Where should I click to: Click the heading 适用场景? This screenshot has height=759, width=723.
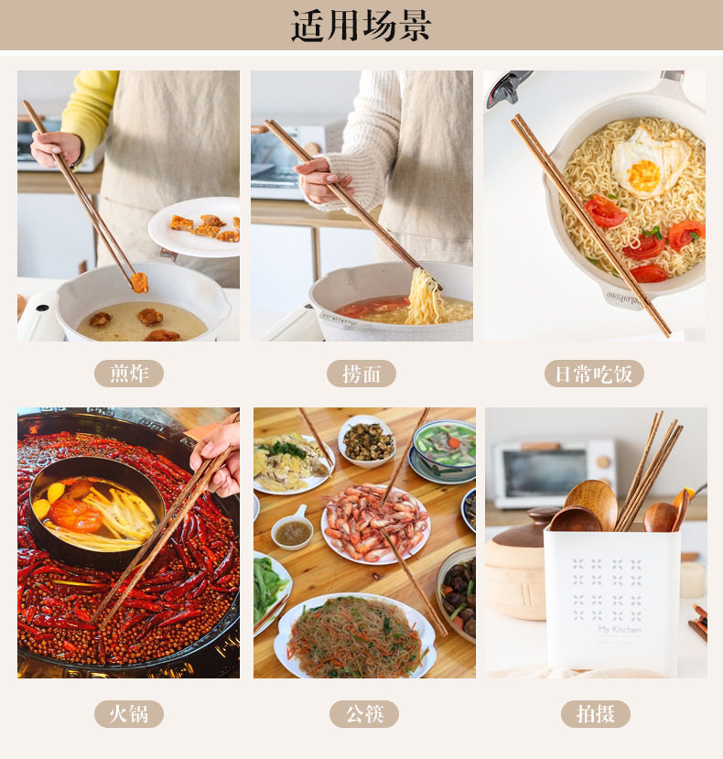click(361, 25)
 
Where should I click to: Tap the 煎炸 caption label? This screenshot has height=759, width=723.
click(129, 374)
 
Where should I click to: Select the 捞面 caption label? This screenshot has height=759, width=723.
click(361, 374)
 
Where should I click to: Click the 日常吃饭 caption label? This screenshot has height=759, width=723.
click(594, 374)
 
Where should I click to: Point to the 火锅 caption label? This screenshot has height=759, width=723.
click(129, 713)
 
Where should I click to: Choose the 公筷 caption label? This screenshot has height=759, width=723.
click(364, 713)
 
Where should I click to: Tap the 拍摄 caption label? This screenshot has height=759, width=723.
click(595, 713)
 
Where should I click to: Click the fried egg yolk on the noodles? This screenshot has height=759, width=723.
click(643, 175)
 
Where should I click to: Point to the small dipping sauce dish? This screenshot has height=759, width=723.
click(292, 530)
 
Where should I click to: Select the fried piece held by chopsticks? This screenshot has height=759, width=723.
click(139, 283)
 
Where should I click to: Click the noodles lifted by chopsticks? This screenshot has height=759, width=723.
click(424, 298)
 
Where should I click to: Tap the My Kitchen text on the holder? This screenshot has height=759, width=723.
click(620, 629)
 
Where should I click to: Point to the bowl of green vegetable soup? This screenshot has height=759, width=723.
click(443, 451)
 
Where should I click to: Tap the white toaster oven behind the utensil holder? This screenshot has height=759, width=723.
click(554, 474)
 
